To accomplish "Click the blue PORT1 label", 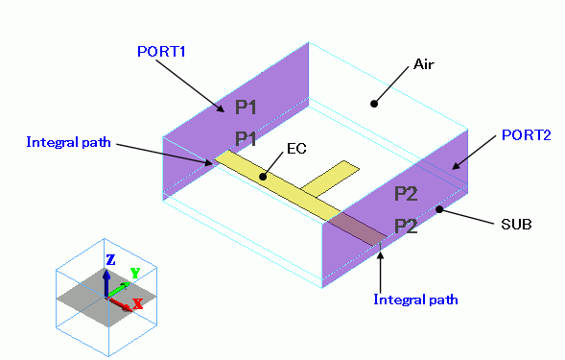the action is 161,52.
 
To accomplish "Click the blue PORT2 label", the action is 527,135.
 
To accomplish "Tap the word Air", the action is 424,64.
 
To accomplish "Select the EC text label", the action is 296,148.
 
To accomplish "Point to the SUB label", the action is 516,225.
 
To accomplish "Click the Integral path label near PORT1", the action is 68,142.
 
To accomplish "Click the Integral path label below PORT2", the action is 415,300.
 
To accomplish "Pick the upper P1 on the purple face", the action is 246,108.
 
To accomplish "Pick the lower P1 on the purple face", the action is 246,139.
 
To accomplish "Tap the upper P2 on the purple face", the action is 406,194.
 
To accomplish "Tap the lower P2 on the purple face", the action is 406,227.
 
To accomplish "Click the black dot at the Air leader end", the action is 374,104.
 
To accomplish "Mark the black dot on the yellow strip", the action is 263,177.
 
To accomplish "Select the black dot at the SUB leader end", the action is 439,209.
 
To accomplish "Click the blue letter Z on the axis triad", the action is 110,260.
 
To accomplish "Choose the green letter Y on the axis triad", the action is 135,273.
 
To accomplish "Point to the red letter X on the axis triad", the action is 137,304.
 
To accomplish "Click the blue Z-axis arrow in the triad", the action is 106,283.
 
